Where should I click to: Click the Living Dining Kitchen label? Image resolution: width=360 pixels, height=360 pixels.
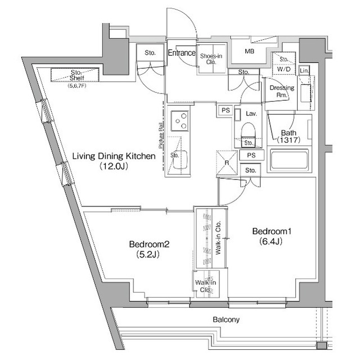[112, 156]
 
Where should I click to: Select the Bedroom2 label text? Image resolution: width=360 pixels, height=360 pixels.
[149, 244]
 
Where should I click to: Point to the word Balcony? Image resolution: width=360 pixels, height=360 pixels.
[226, 319]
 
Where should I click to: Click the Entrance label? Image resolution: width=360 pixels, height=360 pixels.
[182, 53]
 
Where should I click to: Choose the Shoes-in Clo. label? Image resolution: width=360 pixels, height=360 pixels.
[211, 60]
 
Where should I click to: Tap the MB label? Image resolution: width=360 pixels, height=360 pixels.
[249, 51]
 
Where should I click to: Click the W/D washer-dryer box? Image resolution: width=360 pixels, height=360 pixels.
[284, 70]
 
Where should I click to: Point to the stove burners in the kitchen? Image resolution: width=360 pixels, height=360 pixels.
[181, 120]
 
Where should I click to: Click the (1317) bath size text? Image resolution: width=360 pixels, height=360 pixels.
[290, 140]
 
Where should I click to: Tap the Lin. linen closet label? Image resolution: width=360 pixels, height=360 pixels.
[304, 70]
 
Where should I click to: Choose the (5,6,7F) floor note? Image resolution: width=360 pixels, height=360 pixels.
[76, 86]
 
